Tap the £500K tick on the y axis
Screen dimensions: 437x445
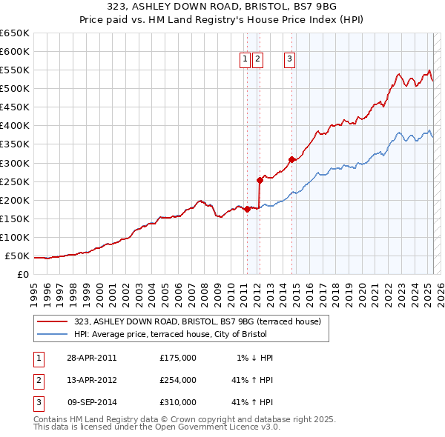coord(15,88)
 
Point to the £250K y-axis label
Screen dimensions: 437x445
coord(15,181)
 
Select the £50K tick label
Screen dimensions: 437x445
coord(17,256)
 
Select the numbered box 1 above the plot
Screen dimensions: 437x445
coord(245,60)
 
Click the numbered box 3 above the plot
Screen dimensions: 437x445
coord(289,60)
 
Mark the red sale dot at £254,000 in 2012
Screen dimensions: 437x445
coord(260,179)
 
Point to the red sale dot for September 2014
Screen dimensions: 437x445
coord(292,159)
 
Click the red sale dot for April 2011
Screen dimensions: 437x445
coord(247,209)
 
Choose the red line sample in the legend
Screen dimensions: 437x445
coord(52,321)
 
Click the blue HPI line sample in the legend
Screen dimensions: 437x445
coord(52,334)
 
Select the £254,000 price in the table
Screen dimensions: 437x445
coord(178,380)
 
